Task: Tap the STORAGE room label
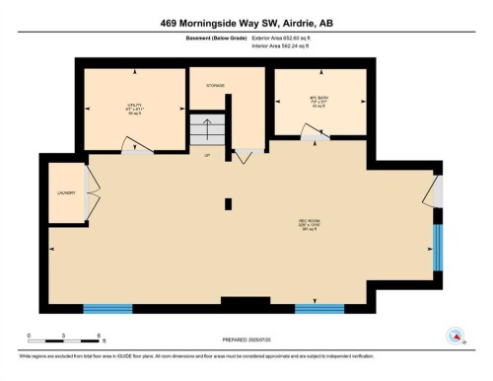(x=215, y=86)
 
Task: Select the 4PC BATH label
(x=318, y=102)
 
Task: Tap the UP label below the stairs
(x=207, y=156)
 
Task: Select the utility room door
(x=135, y=147)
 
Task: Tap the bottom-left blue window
(x=107, y=308)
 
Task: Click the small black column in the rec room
(x=228, y=203)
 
